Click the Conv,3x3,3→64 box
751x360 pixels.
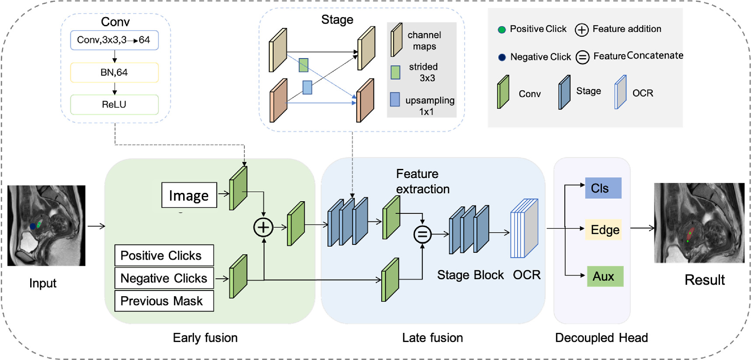click(114, 40)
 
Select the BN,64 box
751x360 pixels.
click(114, 73)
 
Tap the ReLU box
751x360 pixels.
click(114, 105)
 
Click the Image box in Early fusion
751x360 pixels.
click(189, 195)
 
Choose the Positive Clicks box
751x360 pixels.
click(164, 255)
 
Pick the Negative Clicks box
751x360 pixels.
click(164, 278)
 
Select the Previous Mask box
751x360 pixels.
click(164, 301)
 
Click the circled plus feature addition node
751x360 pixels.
click(263, 227)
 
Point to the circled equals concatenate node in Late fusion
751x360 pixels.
click(422, 234)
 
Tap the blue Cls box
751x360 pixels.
click(603, 188)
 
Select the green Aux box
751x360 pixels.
click(605, 276)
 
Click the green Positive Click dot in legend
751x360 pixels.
click(502, 30)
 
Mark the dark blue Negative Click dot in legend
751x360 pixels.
click(502, 57)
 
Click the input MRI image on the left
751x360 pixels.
click(46, 225)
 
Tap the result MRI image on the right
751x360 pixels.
click(699, 223)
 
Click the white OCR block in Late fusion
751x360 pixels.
click(524, 228)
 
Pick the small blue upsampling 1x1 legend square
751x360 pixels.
click(395, 99)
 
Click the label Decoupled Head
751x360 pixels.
click(601, 338)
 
